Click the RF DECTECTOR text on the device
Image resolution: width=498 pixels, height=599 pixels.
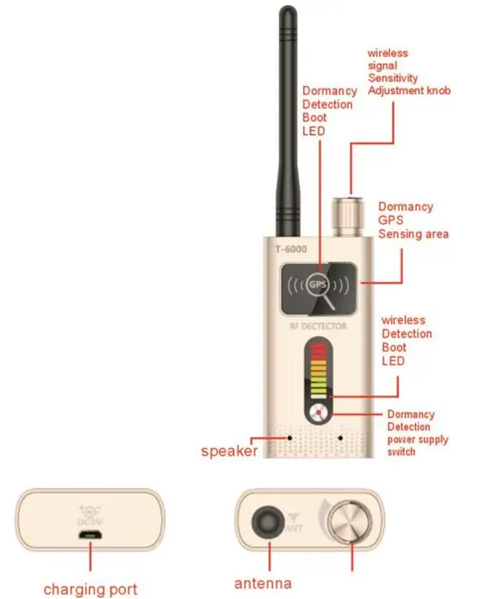[x=318, y=327]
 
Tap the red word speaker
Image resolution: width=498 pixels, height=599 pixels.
[x=229, y=451]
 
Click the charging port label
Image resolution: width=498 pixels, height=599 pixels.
[x=90, y=590]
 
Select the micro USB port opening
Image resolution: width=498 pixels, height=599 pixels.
[x=91, y=535]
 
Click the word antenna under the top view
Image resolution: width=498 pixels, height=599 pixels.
[x=263, y=583]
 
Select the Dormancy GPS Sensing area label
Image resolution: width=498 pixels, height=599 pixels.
[x=413, y=220]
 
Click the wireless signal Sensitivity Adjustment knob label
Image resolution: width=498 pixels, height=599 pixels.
[x=409, y=72]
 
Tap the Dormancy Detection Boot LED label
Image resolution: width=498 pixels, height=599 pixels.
[x=327, y=111]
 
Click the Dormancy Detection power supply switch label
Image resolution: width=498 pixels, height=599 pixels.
[x=418, y=433]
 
